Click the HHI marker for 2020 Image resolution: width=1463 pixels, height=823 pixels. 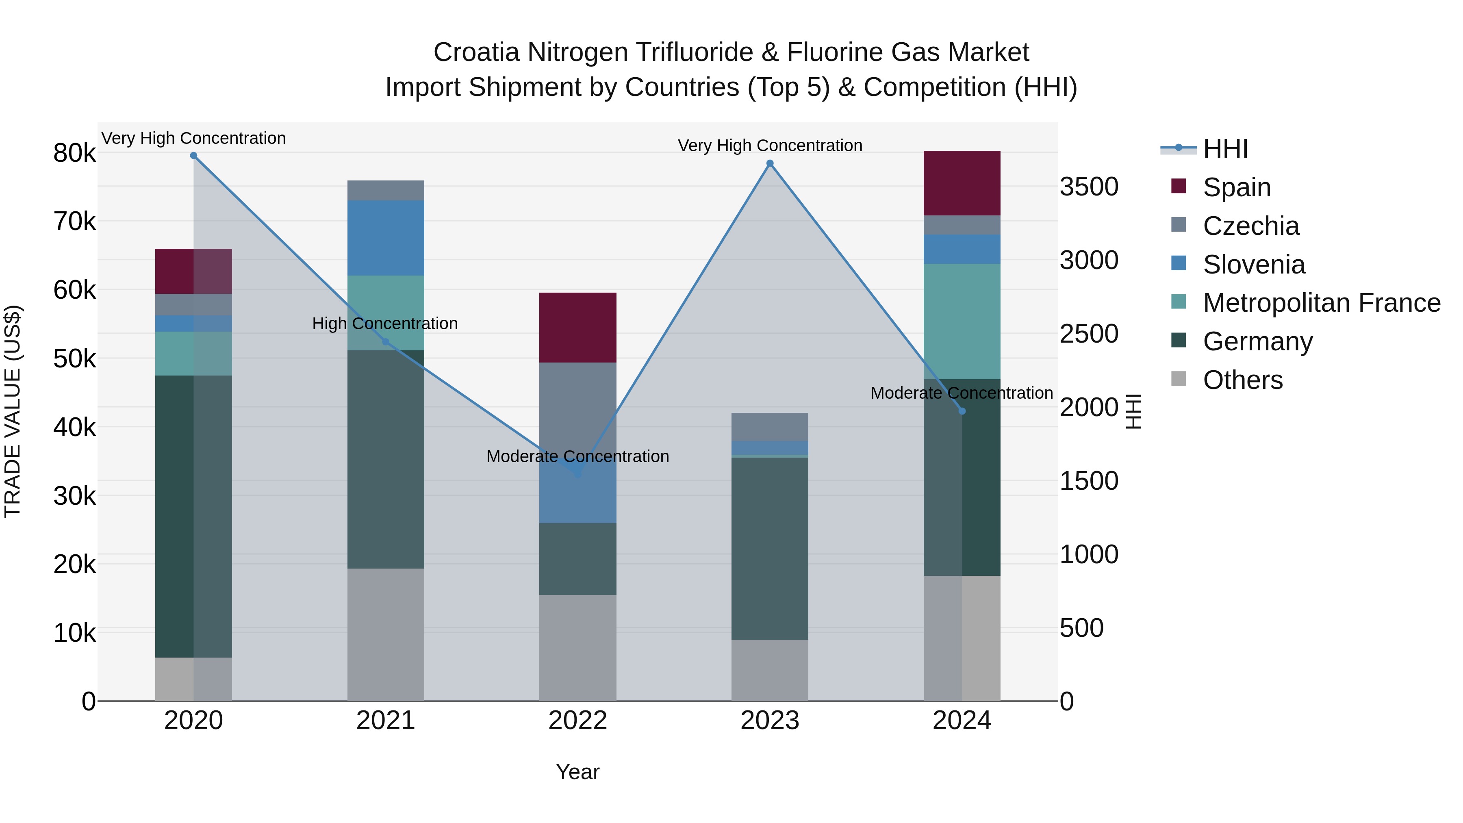[194, 156]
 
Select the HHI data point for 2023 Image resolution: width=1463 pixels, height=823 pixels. [770, 163]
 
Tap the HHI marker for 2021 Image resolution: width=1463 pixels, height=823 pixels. [386, 342]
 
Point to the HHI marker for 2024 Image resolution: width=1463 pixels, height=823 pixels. [962, 411]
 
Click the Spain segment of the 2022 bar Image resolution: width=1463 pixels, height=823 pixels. [577, 328]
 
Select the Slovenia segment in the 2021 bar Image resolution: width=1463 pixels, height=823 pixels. [386, 238]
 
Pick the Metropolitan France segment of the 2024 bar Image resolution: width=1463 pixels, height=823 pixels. [962, 321]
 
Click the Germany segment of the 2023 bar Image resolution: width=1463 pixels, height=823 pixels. [770, 549]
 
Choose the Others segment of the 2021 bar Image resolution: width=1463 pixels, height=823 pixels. [386, 634]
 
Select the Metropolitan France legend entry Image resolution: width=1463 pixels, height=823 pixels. [1321, 303]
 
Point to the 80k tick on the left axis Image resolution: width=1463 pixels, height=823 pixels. [74, 153]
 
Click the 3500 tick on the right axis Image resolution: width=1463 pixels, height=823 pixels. [1089, 187]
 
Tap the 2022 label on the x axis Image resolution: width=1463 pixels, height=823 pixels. [577, 721]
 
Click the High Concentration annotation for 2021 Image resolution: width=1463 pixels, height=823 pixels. [385, 324]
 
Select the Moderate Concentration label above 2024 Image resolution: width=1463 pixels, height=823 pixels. [962, 393]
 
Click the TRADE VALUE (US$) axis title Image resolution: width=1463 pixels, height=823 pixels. [13, 411]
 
